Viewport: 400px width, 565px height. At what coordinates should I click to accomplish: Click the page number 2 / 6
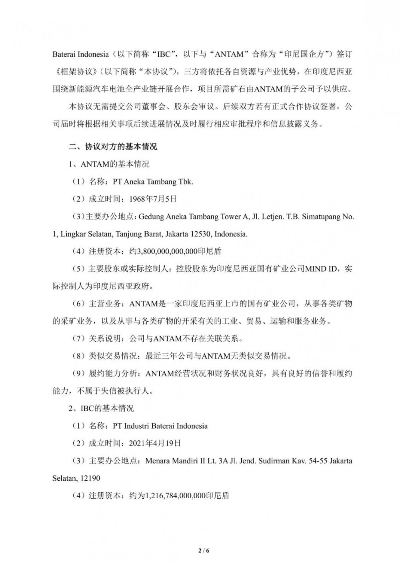pos(204,550)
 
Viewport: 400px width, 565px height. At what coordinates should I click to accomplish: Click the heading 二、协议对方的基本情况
pos(113,147)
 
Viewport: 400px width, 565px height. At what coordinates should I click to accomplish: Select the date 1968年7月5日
pos(152,199)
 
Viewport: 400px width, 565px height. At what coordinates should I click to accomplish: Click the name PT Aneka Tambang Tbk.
pos(153,181)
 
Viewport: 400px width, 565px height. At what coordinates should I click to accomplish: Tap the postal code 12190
pos(92,478)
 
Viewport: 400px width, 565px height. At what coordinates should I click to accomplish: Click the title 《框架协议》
pos(70,72)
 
